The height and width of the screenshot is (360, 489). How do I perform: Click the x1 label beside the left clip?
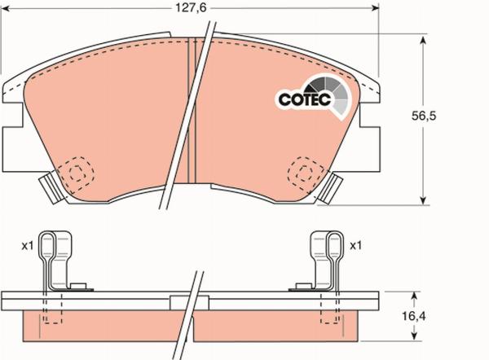[27, 244]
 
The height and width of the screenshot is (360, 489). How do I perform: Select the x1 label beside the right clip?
[355, 244]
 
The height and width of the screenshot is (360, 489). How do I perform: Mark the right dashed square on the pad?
[305, 172]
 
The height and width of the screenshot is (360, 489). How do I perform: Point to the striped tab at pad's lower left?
[51, 189]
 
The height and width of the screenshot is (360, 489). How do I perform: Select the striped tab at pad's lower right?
[331, 189]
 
